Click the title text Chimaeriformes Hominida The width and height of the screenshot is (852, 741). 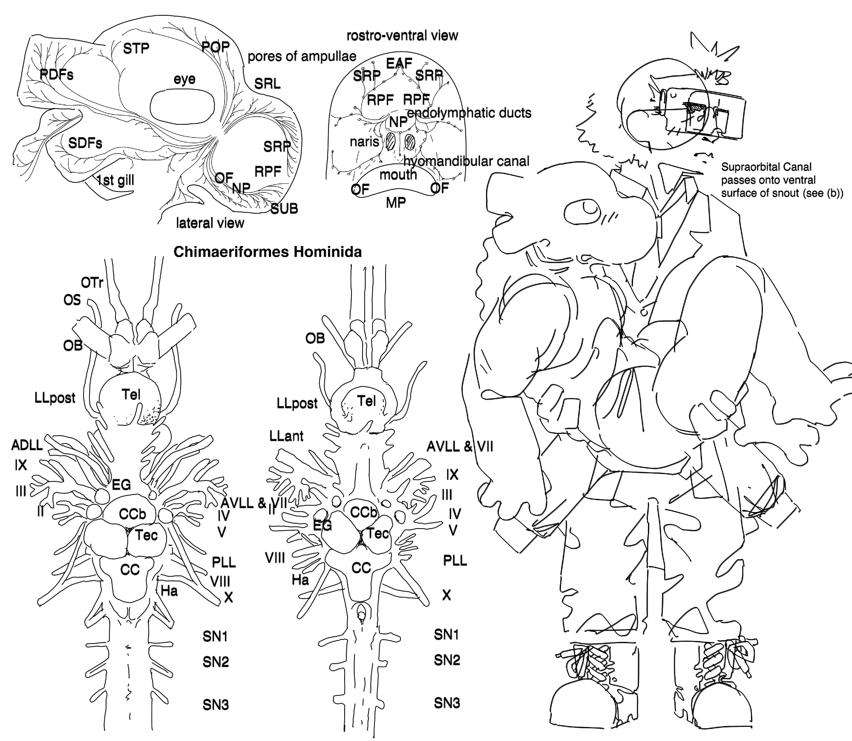(268, 252)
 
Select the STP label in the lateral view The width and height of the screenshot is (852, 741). (136, 49)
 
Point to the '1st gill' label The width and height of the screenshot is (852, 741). (115, 180)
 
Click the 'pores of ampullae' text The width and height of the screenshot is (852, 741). (302, 57)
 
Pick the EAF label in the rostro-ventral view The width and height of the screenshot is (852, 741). (399, 63)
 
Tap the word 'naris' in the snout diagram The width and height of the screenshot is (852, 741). (364, 141)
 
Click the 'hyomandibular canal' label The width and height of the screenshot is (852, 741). (466, 161)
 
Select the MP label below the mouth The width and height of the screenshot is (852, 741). (396, 203)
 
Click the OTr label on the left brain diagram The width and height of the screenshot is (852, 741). (92, 282)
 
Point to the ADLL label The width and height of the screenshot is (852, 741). (27, 445)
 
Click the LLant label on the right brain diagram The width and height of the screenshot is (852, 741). (286, 436)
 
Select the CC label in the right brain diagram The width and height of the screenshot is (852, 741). (361, 567)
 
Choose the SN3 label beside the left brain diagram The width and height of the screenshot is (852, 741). (216, 705)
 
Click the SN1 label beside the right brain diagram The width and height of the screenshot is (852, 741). (446, 635)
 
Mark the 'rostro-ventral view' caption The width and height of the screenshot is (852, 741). (402, 36)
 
